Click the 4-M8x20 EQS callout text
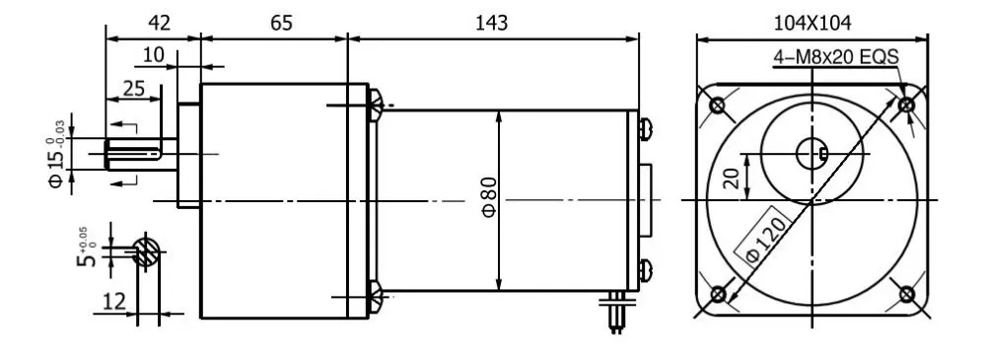(x=835, y=57)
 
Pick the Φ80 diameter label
(x=490, y=202)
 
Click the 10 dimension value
(x=153, y=55)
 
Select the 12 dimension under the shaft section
(x=116, y=301)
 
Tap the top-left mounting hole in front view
(x=719, y=105)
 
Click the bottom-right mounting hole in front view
(x=908, y=294)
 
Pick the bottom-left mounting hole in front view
(x=719, y=294)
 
